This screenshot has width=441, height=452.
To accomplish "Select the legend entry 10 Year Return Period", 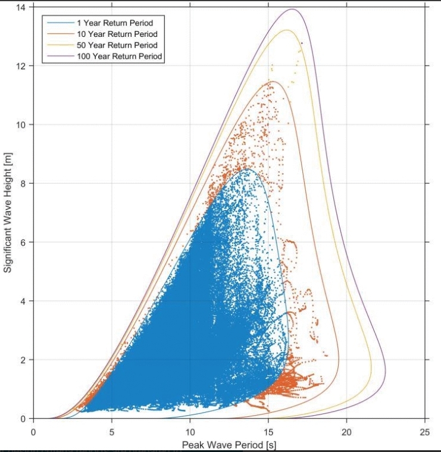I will point(112,34).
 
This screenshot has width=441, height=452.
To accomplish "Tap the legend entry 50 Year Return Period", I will point(112,45).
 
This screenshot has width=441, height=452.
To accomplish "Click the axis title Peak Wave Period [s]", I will point(229,444).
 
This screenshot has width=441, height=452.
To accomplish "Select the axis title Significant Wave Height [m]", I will point(8,212).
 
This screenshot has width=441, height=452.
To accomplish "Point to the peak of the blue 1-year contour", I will point(247,169).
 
